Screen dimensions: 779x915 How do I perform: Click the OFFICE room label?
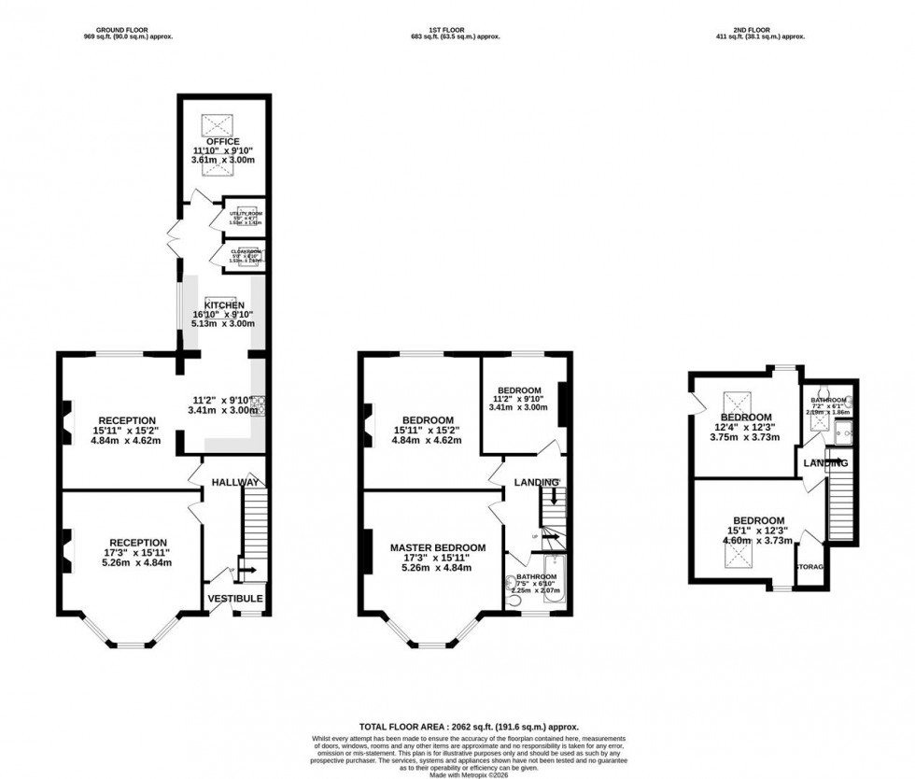tap(224, 142)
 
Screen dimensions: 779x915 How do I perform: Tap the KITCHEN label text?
tap(224, 305)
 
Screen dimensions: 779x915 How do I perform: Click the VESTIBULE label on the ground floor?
tap(235, 599)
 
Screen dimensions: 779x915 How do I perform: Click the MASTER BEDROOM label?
tap(438, 547)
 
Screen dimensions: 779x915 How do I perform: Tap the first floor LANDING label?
tap(536, 482)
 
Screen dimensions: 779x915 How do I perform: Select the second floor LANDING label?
tap(823, 463)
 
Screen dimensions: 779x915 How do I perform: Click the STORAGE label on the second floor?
tap(809, 566)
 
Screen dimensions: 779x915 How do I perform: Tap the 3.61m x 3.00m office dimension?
tap(224, 161)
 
